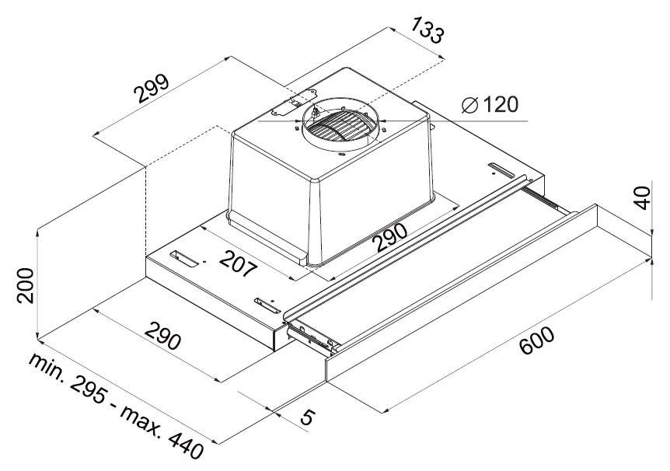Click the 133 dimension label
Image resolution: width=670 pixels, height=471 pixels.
tap(427, 30)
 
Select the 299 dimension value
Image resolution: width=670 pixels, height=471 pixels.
tap(152, 89)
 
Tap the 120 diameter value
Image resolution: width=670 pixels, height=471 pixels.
tap(500, 104)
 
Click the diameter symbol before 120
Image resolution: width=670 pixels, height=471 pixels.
tap(469, 105)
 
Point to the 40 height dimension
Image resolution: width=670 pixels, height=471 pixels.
tap(642, 198)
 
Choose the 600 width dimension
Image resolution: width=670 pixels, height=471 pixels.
tap(537, 340)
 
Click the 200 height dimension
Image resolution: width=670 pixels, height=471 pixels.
tap(25, 285)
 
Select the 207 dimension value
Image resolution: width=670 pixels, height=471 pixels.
tap(239, 263)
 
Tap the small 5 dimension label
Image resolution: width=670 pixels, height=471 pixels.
tap(307, 417)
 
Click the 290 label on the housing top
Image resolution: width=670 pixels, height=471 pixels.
tap(389, 237)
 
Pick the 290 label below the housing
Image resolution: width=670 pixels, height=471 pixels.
tap(162, 335)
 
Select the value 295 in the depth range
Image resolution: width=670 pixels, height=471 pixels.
tap(88, 390)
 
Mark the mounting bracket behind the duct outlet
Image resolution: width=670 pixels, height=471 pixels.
tap(294, 103)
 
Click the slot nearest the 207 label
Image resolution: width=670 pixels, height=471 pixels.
tap(184, 260)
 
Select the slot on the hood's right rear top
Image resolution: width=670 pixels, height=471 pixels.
tap(501, 169)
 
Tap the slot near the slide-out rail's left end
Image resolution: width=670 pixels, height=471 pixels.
tap(267, 305)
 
